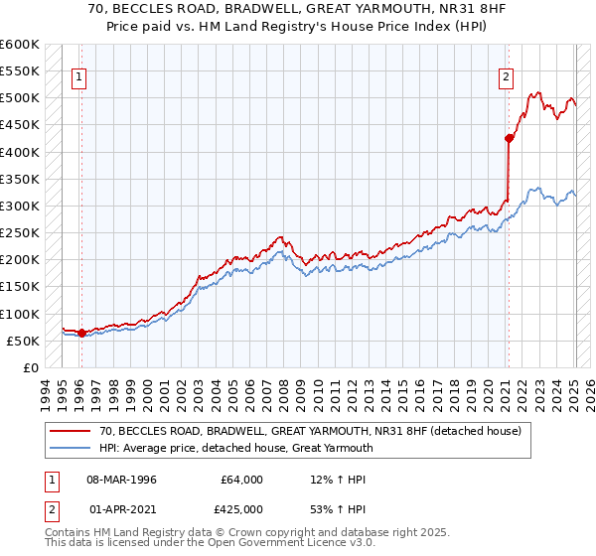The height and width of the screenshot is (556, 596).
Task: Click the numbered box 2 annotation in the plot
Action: (x=506, y=75)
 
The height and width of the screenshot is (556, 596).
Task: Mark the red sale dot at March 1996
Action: (x=81, y=333)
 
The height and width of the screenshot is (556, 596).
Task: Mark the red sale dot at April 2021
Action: (x=509, y=139)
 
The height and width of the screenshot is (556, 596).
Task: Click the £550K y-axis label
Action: (x=21, y=71)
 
